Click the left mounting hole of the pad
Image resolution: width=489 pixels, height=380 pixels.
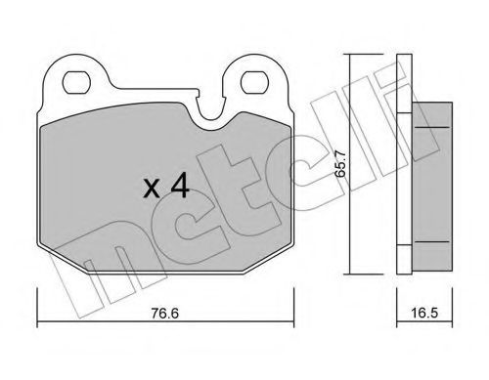(76, 82)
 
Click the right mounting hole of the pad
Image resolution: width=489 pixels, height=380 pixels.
(254, 82)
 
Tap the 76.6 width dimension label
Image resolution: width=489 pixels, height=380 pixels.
(165, 314)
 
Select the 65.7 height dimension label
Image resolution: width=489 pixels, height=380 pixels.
(340, 163)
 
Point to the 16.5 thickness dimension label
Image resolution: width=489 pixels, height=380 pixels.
(424, 313)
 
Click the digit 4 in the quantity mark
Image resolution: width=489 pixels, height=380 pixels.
(180, 186)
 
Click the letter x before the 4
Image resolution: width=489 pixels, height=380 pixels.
(152, 189)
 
